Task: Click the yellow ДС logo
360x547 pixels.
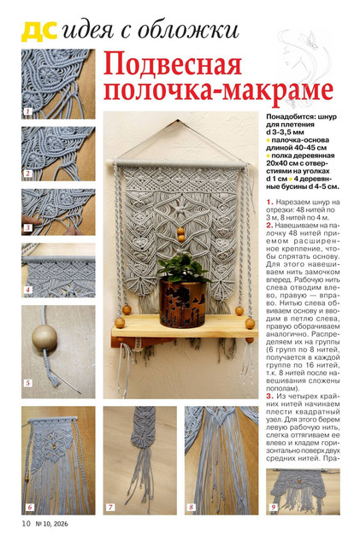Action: (x=39, y=32)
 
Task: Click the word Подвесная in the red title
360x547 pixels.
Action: (x=173, y=65)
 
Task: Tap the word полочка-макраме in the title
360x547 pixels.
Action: (x=219, y=91)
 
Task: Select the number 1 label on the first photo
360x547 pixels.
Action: (x=27, y=112)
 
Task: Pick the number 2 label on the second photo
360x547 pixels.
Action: (x=27, y=174)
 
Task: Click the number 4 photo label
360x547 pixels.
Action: (x=27, y=290)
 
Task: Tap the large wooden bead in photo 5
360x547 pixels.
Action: (x=44, y=338)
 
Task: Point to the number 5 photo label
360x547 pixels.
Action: (x=28, y=383)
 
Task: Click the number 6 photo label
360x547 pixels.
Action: (x=29, y=507)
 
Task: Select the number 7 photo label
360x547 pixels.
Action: (x=110, y=507)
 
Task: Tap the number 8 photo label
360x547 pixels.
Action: (x=191, y=507)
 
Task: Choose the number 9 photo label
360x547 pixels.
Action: (x=274, y=507)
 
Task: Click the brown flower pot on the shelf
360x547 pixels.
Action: (x=182, y=303)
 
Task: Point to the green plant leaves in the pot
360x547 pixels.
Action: (x=182, y=268)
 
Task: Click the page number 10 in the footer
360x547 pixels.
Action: (x=27, y=524)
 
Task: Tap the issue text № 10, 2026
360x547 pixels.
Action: (x=52, y=524)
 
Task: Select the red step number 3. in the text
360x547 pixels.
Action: (x=269, y=396)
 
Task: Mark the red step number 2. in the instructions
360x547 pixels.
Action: (x=269, y=226)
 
